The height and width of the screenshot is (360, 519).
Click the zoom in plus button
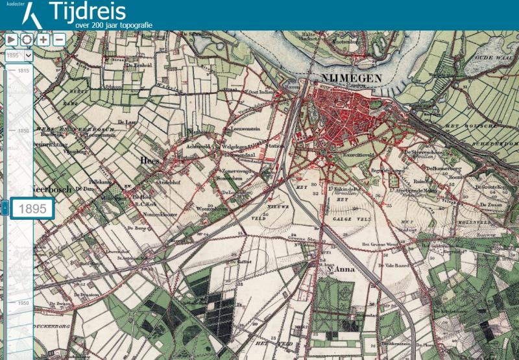click(43, 39)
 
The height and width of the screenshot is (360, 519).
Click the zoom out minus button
click(59, 39)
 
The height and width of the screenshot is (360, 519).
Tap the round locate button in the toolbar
click(27, 39)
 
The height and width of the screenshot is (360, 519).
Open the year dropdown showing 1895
click(19, 56)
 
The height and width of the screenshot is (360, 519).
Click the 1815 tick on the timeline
click(23, 70)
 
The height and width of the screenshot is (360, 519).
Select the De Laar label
click(129, 122)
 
